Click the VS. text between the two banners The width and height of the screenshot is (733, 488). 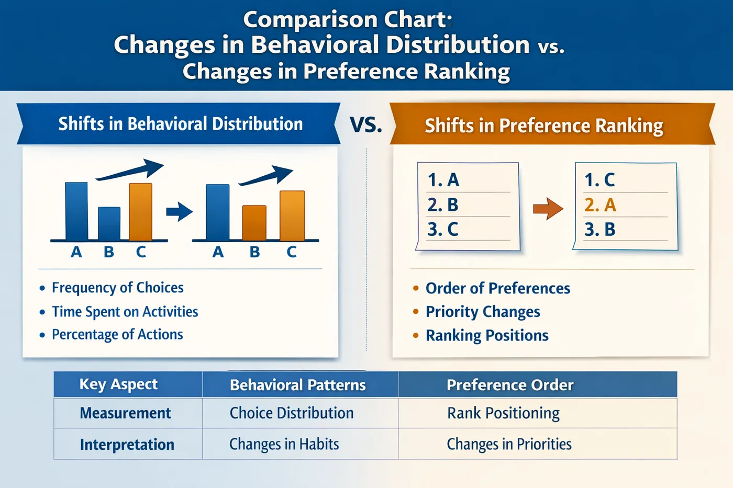coord(365,125)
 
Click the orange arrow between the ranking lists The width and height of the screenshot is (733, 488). coord(548,209)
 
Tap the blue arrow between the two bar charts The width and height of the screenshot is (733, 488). coord(179,212)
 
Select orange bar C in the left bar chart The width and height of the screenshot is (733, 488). coord(140,211)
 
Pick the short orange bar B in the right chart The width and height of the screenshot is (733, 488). coord(254,222)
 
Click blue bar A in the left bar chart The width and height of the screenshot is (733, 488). coord(76,211)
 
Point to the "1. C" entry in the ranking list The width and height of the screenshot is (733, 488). coord(599,180)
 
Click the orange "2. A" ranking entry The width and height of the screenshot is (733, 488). coord(600,205)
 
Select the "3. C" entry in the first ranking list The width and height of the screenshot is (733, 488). coord(443,229)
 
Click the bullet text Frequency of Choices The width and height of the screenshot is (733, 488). coord(117,288)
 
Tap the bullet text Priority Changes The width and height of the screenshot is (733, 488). coord(482,312)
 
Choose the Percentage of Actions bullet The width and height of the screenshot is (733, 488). coord(117,335)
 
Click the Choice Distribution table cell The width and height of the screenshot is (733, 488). coord(292,413)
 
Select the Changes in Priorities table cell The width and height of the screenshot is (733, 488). coord(509,445)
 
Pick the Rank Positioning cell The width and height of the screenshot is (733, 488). coord(503,413)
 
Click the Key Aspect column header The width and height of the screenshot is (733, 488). coord(118,384)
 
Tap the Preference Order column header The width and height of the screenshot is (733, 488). coord(510,385)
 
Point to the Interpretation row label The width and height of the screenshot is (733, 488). coord(127,445)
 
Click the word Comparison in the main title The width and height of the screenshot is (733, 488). coord(310,20)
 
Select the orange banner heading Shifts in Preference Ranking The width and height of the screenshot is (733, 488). coord(543,126)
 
